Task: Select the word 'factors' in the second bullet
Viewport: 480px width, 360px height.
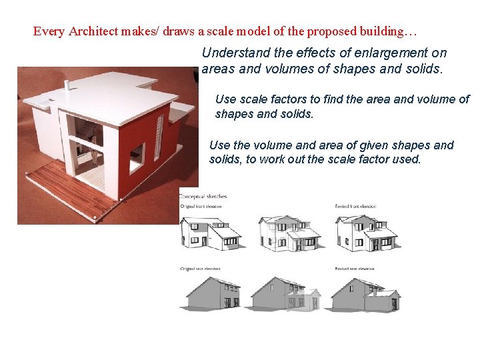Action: tap(293, 99)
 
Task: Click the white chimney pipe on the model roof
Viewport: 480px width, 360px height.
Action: tap(67, 87)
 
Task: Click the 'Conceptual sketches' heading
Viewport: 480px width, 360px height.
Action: tap(204, 197)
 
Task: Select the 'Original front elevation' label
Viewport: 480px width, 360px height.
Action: tap(204, 207)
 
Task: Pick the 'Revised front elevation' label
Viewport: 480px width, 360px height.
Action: tap(356, 207)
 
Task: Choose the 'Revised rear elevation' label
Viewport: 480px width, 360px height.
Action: tap(355, 269)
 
